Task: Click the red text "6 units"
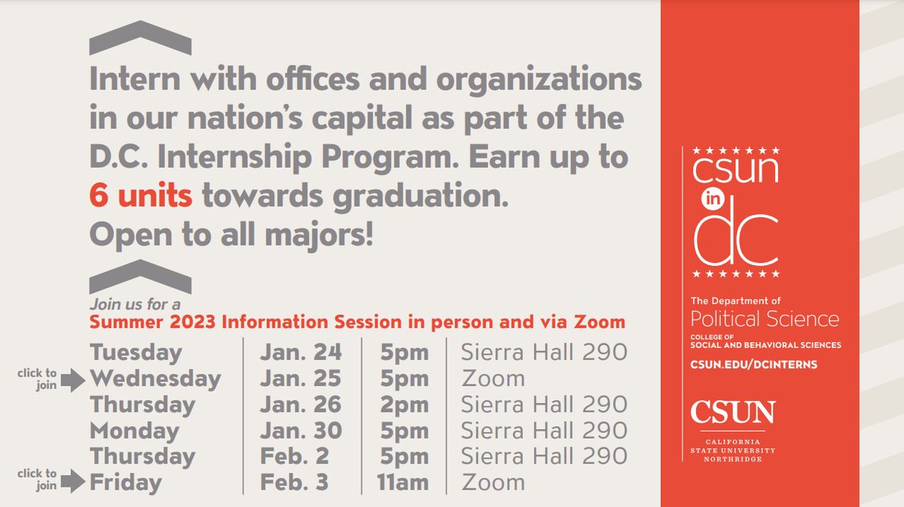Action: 141,196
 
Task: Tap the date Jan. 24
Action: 301,352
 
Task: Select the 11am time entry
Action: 402,482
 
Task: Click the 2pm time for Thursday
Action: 404,404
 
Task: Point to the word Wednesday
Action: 155,378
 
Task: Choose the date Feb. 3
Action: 295,482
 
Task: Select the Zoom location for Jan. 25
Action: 493,378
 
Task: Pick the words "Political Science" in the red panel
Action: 765,319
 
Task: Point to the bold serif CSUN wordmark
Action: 733,413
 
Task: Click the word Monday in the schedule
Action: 135,430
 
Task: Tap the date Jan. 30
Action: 301,430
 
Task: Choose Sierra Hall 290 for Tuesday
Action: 544,352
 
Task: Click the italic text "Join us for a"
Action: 135,305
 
